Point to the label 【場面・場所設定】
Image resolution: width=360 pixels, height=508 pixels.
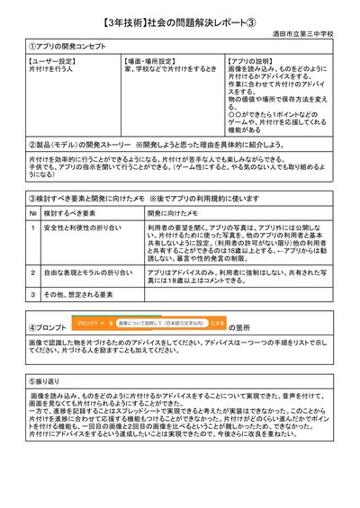pyautogui.click(x=148, y=61)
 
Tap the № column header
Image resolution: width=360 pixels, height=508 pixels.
pyautogui.click(x=33, y=213)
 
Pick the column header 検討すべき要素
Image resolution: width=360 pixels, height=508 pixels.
pyautogui.click(x=67, y=213)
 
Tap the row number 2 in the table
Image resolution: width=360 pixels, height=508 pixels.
pyautogui.click(x=33, y=271)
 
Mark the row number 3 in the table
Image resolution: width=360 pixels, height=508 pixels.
pyautogui.click(x=33, y=294)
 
